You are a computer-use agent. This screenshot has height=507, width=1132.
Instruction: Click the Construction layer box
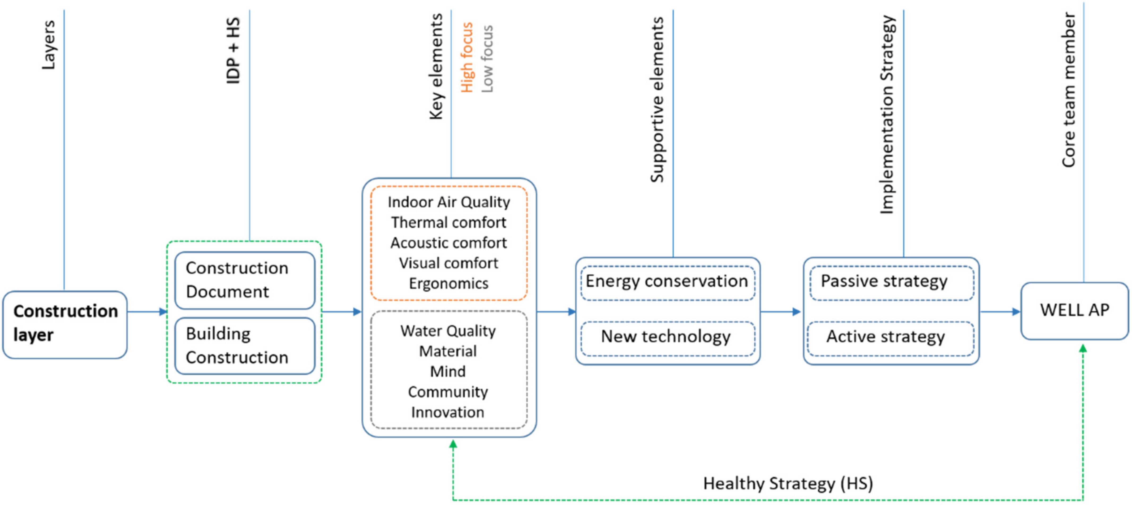point(65,324)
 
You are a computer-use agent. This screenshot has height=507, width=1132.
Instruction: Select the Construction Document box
point(244,280)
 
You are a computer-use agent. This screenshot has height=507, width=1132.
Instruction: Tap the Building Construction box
point(244,346)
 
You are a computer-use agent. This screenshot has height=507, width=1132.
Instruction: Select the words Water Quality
point(448,331)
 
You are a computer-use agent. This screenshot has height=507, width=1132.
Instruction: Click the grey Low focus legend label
point(487,58)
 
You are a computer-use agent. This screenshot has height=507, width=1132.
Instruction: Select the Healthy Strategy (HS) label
point(788,483)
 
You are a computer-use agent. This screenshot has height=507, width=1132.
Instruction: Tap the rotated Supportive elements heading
point(657,100)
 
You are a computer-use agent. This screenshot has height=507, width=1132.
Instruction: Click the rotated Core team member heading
point(1068,90)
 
